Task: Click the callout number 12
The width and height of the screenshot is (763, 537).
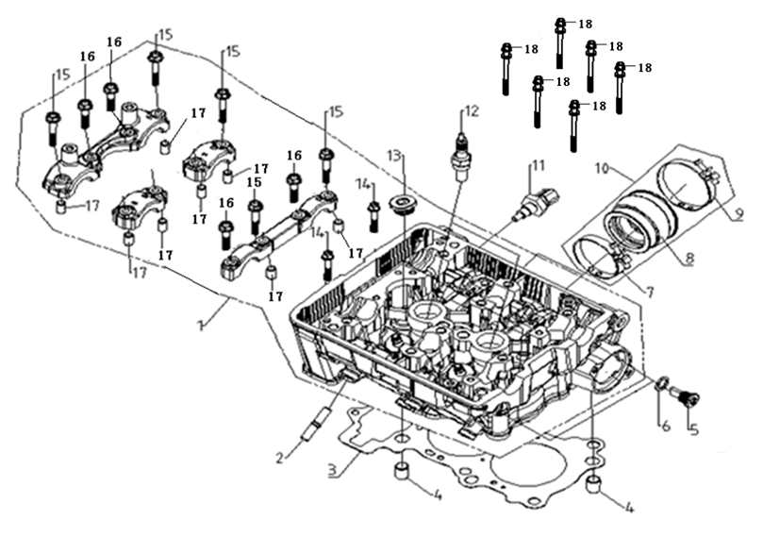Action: (472, 111)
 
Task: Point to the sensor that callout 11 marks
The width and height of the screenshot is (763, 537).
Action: (538, 205)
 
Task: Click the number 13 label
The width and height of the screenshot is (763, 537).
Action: (394, 157)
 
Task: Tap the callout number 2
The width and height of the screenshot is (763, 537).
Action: (279, 458)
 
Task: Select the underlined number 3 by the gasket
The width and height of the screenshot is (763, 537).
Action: (332, 471)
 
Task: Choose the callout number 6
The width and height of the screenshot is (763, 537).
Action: (665, 426)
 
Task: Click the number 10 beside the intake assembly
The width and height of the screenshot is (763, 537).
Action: (602, 169)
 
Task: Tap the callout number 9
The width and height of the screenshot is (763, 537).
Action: (738, 213)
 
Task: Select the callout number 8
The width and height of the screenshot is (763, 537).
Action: (688, 259)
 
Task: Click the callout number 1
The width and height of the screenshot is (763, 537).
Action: (200, 325)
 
